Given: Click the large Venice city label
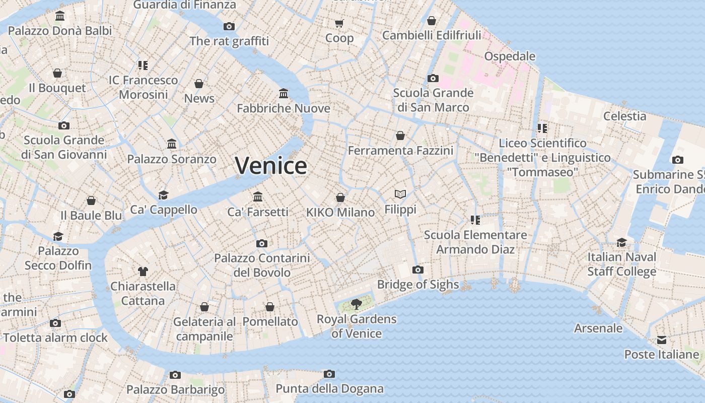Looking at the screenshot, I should (x=271, y=166).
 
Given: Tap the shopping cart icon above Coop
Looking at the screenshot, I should (x=339, y=23).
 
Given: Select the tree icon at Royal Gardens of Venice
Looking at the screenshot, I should (x=357, y=304).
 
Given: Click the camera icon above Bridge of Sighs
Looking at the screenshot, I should (x=417, y=270).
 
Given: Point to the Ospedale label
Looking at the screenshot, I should (x=510, y=56).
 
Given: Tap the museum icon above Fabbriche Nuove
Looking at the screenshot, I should (x=284, y=93).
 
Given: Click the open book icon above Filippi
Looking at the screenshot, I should (x=400, y=194).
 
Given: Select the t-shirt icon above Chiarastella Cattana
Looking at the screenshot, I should (x=143, y=272).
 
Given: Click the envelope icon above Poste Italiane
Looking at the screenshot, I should (x=662, y=340).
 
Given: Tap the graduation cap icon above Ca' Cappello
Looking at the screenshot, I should (x=163, y=195).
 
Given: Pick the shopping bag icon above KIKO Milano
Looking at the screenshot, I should (x=340, y=197).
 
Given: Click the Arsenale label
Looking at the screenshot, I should (x=599, y=328).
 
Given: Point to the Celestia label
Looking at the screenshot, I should (x=625, y=116).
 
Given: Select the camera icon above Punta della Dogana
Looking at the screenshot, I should (x=329, y=374).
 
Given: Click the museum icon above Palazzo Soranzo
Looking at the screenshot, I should (x=172, y=144).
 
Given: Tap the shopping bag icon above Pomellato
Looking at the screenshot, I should (x=270, y=307).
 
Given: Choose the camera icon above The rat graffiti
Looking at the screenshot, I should (x=229, y=26).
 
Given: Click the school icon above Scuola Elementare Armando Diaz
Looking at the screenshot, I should (x=475, y=220).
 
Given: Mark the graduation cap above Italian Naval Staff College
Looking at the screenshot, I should (x=622, y=242).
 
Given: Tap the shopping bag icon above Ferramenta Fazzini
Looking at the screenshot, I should (x=400, y=136).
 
